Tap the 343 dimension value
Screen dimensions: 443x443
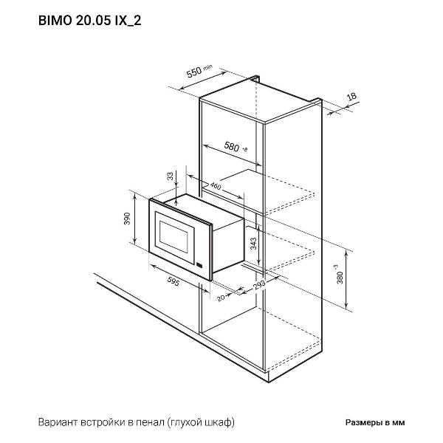click(x=254, y=244)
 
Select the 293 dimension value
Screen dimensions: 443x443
click(x=258, y=285)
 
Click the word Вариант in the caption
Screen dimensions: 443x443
click(x=56, y=423)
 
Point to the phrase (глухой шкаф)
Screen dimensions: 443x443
click(x=201, y=423)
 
